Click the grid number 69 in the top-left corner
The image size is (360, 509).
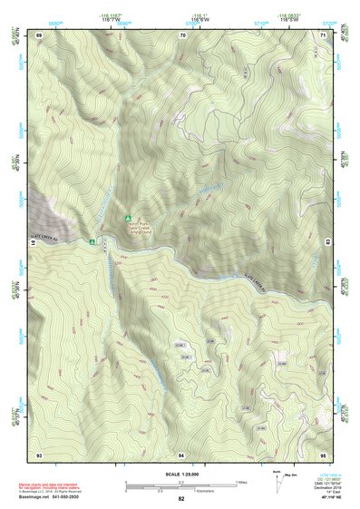[39, 35]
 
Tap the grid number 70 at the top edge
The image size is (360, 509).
[182, 35]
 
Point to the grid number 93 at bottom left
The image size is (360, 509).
[39, 453]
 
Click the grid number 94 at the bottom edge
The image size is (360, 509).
[181, 453]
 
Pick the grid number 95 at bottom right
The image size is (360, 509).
[322, 453]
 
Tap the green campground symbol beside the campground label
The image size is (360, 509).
[129, 219]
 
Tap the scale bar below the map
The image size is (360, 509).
[181, 487]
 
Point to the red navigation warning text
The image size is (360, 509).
[50, 487]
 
